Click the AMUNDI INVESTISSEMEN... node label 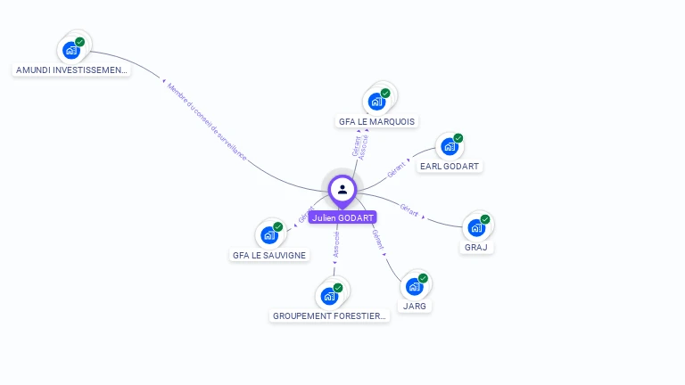point(72,70)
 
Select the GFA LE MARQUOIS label point(376,121)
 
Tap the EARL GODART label point(450,166)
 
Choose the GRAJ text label point(476,247)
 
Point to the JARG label point(414,306)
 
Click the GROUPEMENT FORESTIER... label point(330,315)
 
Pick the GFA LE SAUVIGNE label point(269,255)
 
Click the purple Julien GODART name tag point(342,217)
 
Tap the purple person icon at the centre point(342,189)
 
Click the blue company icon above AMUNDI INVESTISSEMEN point(71,50)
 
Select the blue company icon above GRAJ point(476,227)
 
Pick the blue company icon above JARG point(414,286)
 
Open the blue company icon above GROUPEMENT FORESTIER point(329,296)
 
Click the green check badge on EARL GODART point(458,138)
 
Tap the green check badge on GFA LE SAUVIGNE point(278,227)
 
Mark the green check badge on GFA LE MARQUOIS point(385,93)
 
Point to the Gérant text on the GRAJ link point(409,210)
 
